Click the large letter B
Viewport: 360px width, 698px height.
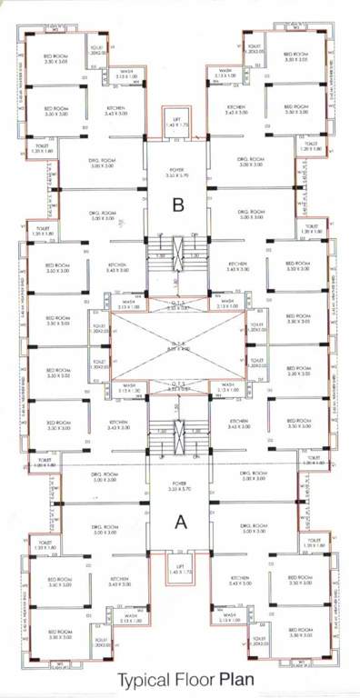click(179, 206)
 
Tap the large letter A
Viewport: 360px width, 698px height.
click(179, 522)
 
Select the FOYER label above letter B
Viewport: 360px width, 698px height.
click(178, 169)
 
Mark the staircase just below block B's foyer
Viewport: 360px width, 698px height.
click(178, 249)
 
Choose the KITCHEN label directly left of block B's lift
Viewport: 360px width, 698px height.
click(120, 107)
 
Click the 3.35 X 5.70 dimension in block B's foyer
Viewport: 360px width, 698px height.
click(178, 175)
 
